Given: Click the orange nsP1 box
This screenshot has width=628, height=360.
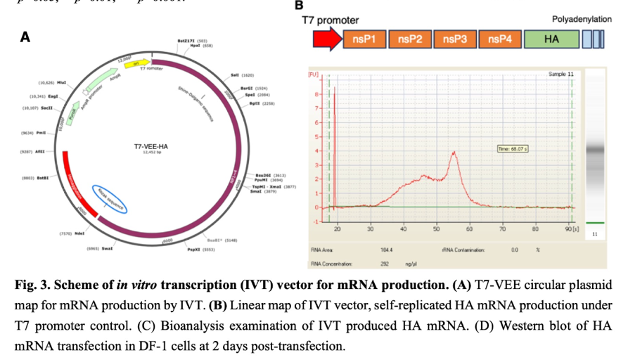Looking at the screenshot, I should tap(365, 39).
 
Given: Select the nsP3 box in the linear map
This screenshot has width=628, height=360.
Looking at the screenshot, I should tap(455, 39).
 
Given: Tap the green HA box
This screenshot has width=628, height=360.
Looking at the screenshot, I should tap(551, 39).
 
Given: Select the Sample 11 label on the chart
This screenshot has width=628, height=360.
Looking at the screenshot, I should tap(560, 73).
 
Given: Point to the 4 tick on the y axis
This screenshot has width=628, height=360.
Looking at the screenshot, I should tap(317, 150).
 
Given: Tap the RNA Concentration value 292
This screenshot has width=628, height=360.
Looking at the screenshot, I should tap(385, 264).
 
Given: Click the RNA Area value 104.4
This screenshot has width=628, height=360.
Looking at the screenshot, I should tap(386, 250).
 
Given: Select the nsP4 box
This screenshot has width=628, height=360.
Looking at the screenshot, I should tap(499, 39).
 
